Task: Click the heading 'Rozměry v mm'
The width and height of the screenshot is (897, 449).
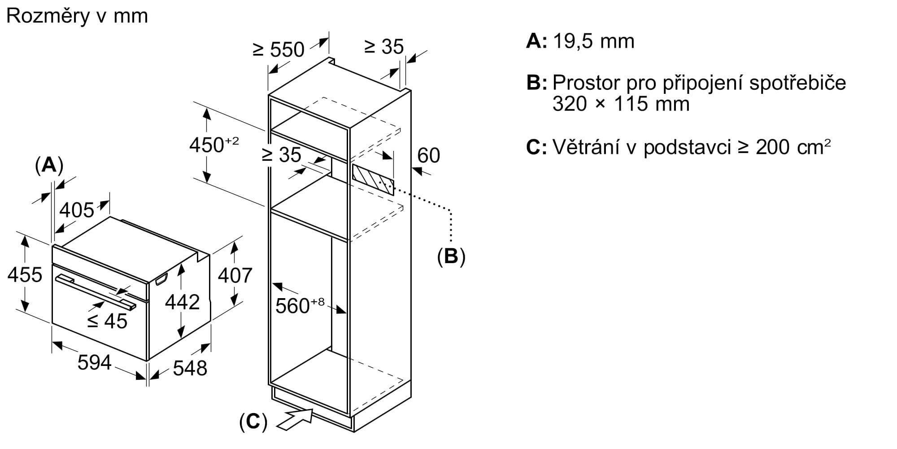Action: coord(77,17)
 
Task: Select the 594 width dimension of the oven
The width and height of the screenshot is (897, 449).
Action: coord(94,362)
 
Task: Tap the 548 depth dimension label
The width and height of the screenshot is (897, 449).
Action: coord(190,368)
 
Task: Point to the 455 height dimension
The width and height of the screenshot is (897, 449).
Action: coord(25,274)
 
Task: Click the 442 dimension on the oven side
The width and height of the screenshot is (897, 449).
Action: coord(182,302)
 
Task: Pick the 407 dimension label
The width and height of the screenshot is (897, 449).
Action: coord(235,275)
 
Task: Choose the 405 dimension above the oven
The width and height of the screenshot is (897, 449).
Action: coord(77,210)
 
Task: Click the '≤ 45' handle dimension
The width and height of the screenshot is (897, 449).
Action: coord(107,321)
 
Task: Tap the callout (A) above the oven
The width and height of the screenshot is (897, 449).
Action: coord(49,165)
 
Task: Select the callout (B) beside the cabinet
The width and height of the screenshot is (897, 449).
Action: coord(451,256)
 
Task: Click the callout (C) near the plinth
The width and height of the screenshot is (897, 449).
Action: coord(253,422)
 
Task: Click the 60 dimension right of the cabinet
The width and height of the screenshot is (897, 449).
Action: coord(428,155)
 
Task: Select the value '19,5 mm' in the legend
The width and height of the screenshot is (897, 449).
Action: coord(593,41)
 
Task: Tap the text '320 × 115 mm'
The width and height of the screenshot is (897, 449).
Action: coord(621,104)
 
